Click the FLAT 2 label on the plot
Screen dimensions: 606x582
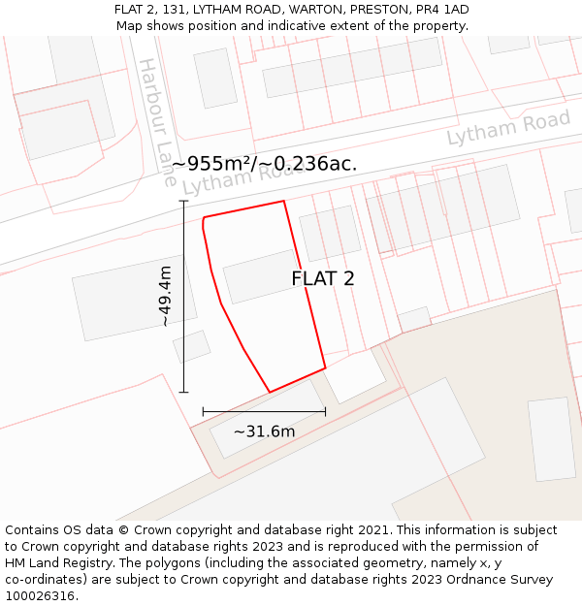pos(323,279)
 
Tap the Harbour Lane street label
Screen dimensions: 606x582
pos(156,120)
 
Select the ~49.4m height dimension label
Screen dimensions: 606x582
pos(165,296)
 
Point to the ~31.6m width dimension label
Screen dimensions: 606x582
pos(264,431)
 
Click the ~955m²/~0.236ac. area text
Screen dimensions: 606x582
pos(265,164)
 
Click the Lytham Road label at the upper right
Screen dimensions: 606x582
pos(508,129)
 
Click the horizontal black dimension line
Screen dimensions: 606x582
pos(264,412)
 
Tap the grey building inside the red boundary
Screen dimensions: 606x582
pos(261,276)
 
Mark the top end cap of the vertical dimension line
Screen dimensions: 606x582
pos(184,201)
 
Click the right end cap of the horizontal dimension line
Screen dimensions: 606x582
pos(325,412)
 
